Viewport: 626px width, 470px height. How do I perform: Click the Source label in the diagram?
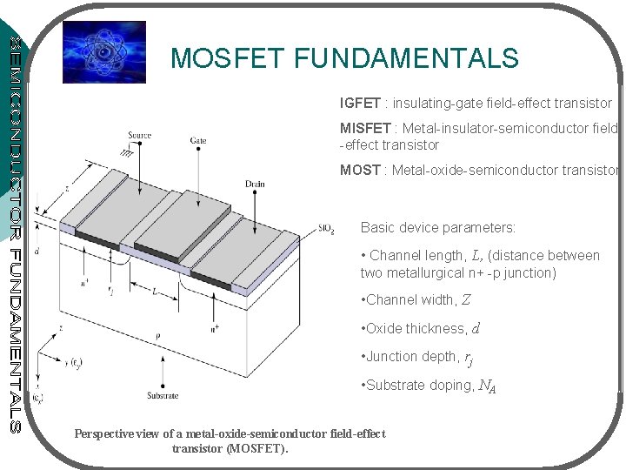coord(139,136)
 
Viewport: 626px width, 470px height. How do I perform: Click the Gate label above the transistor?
coord(198,140)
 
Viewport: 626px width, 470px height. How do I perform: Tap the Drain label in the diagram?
coord(256,185)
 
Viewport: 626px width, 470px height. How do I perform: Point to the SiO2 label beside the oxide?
coord(327,230)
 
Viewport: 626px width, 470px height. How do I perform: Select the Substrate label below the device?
coord(163,395)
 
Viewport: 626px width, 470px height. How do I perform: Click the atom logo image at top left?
coord(103,53)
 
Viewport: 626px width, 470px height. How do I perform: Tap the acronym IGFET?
coord(359,104)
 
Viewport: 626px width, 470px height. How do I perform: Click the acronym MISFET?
coord(365,129)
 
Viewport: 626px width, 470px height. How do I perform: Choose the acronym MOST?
coord(359,170)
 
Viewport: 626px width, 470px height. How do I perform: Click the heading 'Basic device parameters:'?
coord(438,227)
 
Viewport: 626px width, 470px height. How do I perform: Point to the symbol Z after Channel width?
coord(466,300)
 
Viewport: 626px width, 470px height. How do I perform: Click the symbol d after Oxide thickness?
coord(476,328)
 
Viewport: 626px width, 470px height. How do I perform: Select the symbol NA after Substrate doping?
coord(489,385)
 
